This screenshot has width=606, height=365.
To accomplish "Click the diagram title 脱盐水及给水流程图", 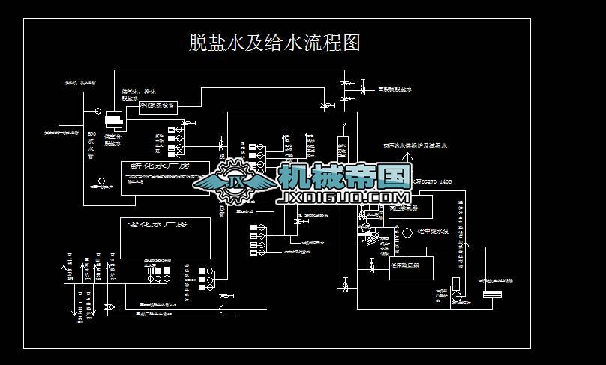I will [274, 42].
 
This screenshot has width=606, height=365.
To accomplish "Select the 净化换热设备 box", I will [157, 106].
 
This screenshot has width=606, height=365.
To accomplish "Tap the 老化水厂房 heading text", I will [157, 225].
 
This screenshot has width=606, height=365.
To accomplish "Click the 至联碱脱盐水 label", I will [395, 90].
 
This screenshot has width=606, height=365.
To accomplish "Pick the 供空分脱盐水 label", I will [113, 140].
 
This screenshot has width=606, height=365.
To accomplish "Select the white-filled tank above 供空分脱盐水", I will [114, 119].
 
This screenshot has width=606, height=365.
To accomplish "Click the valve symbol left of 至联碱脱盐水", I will [363, 91].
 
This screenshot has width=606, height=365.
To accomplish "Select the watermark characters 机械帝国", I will [344, 177].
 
